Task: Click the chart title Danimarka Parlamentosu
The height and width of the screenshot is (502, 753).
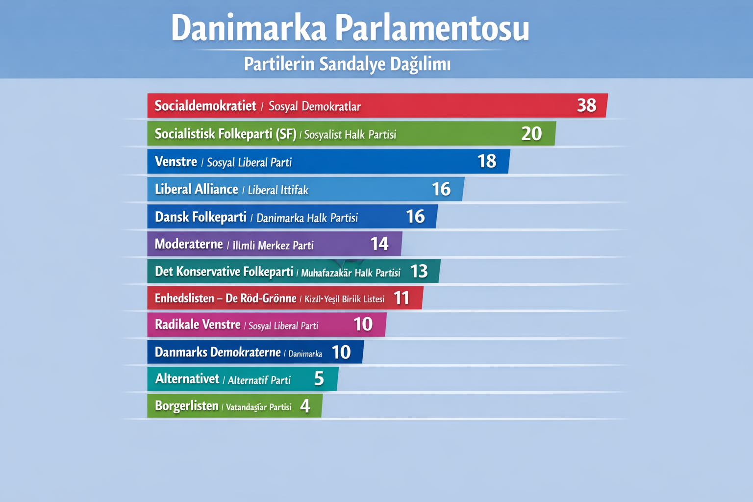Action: [x=350, y=28]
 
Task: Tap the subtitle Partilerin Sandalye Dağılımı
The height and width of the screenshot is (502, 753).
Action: [x=347, y=64]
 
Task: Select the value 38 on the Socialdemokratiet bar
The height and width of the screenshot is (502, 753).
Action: [x=586, y=105]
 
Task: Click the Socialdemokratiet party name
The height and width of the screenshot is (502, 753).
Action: [x=205, y=106]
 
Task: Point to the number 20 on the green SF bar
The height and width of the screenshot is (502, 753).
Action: [x=531, y=134]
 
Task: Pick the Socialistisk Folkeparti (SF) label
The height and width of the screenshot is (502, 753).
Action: [x=226, y=134]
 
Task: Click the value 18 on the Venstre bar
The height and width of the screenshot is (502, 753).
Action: [x=487, y=161]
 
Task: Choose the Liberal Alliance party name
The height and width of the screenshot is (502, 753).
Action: [x=197, y=189]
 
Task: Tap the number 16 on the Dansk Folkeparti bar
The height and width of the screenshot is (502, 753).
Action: [x=415, y=217]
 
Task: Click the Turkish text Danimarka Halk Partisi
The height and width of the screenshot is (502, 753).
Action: [x=307, y=218]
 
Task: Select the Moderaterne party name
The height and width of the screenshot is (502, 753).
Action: [x=189, y=244]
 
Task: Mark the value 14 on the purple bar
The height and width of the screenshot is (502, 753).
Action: [x=379, y=244]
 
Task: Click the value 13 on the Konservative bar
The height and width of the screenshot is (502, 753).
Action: [x=419, y=272]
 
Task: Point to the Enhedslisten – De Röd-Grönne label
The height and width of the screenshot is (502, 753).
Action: [x=226, y=299]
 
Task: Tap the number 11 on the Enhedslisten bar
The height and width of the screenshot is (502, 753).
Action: [x=402, y=298]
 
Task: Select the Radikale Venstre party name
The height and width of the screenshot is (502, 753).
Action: [x=198, y=325]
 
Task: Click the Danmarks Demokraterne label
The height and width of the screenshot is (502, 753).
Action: [x=218, y=352]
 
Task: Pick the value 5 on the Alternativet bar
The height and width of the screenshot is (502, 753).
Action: [x=319, y=379]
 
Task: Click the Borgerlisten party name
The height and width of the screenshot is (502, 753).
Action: [x=186, y=406]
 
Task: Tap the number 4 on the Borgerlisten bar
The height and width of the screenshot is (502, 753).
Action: [x=305, y=406]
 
